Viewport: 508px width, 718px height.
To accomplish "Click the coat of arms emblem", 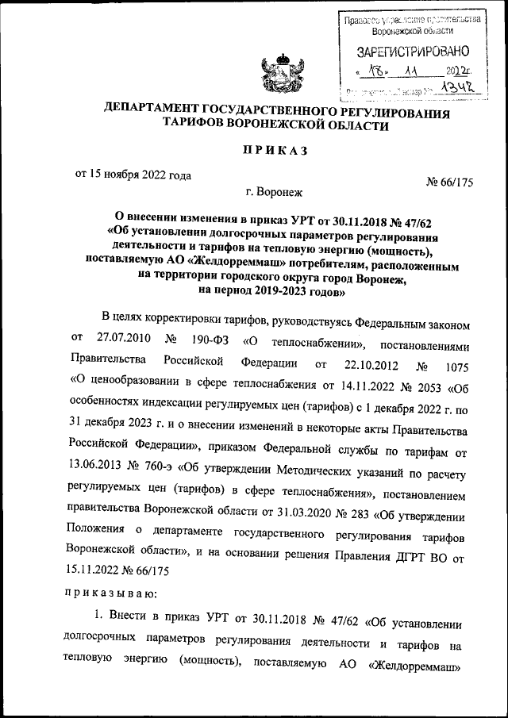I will [282, 71].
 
